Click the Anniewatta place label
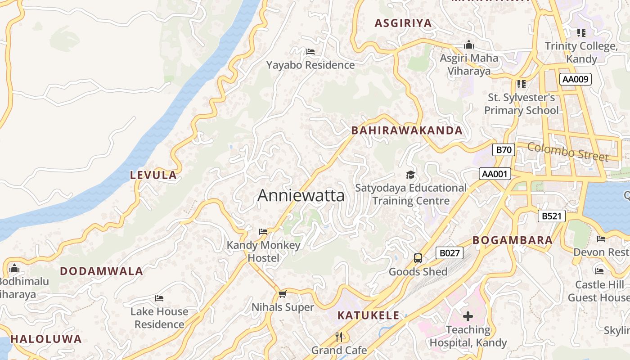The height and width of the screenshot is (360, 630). (301, 195)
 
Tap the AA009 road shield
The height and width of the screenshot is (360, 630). (575, 79)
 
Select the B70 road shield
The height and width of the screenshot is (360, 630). (503, 150)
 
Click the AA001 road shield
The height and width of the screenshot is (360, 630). (495, 174)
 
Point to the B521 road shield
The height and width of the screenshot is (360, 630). (551, 216)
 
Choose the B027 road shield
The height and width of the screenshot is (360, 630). (449, 253)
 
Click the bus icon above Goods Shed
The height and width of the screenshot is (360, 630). (418, 258)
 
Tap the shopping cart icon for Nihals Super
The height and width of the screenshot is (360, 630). (282, 294)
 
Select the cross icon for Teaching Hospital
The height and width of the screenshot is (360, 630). (468, 316)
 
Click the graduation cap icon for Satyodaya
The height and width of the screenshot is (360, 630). (410, 175)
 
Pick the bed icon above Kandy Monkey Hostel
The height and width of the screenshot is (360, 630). (263, 232)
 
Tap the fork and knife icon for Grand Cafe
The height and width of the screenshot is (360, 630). (339, 337)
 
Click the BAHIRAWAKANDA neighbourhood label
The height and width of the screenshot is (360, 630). (406, 130)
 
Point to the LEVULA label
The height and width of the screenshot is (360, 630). (153, 175)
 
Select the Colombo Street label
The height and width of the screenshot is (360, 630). (567, 152)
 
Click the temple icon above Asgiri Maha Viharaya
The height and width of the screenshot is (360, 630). (469, 45)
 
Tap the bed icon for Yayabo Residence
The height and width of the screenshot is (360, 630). (310, 52)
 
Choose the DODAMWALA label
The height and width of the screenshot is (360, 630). (101, 271)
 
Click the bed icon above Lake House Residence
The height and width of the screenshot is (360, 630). (159, 298)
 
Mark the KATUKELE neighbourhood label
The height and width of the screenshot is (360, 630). (368, 315)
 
